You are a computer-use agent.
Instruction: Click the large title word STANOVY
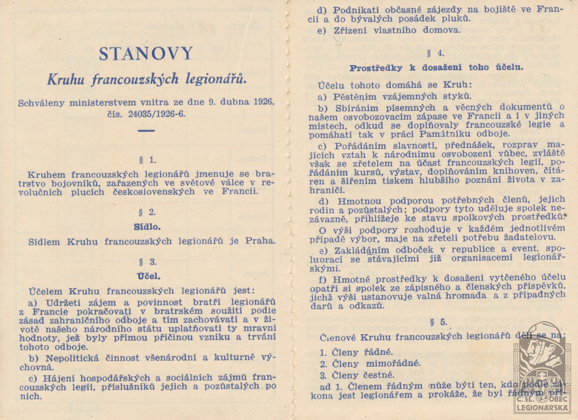[x=146, y=54]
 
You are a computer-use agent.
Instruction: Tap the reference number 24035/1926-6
[x=156, y=114]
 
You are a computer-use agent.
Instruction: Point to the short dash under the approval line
[x=146, y=131]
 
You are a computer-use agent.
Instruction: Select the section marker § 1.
[x=147, y=160]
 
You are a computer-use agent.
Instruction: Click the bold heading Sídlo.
[x=147, y=227]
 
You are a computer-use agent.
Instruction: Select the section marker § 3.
[x=148, y=262]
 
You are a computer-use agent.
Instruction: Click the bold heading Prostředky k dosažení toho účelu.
[x=436, y=68]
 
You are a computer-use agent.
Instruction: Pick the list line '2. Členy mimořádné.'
[x=370, y=363]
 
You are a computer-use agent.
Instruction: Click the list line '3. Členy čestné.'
[x=357, y=375]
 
